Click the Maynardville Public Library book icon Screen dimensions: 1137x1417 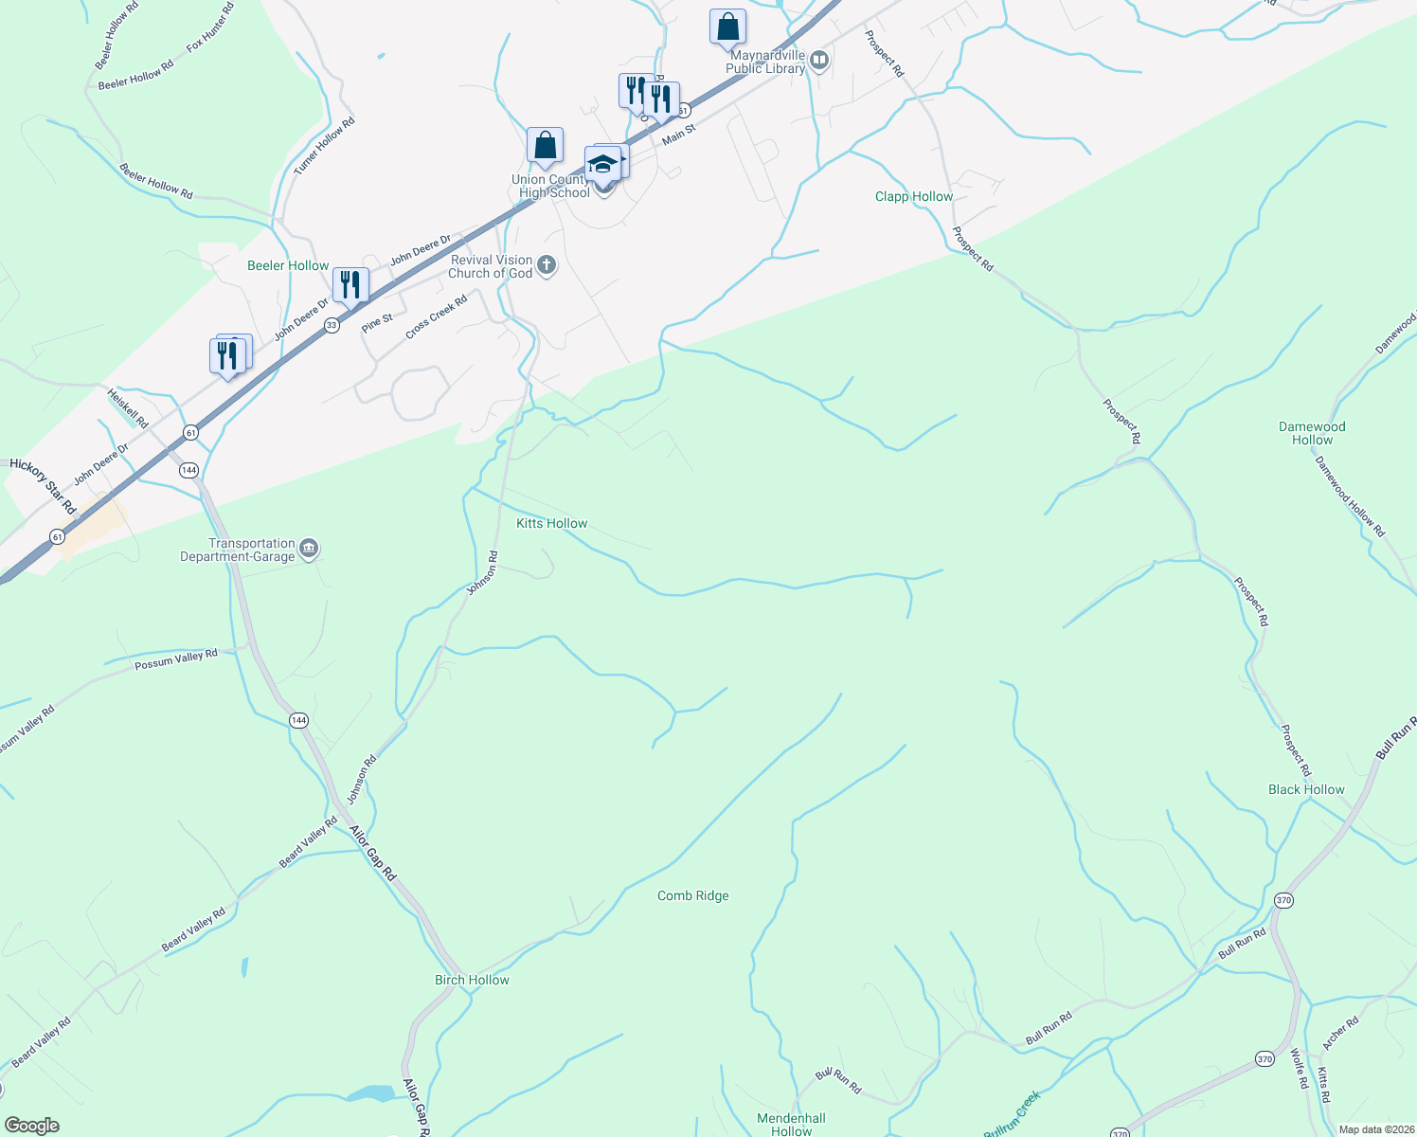[x=819, y=62]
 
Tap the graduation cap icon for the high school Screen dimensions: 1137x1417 [x=602, y=165]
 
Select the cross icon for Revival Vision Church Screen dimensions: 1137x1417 [x=547, y=266]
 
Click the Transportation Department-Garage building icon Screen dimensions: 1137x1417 [x=309, y=550]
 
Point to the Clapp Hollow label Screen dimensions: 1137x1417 [x=913, y=197]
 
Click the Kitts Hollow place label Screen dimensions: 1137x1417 [x=551, y=524]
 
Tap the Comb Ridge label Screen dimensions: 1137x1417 [x=692, y=896]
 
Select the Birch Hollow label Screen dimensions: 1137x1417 [x=472, y=981]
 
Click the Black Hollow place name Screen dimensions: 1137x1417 [x=1306, y=790]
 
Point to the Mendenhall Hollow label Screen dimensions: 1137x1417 [x=791, y=1125]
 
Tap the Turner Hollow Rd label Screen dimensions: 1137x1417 [x=324, y=146]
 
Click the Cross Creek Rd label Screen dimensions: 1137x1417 [x=437, y=317]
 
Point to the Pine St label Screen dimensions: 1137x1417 [x=377, y=322]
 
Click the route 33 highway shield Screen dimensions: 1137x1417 [x=332, y=325]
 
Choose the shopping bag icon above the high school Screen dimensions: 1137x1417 [x=545, y=146]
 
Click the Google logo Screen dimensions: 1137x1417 [x=31, y=1126]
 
